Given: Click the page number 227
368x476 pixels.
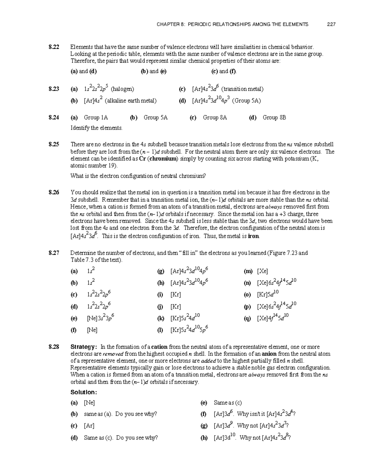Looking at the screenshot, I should click(x=331, y=24).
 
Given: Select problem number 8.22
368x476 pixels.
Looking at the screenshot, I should click(x=54, y=47).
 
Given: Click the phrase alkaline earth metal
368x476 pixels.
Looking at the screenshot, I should click(x=130, y=101).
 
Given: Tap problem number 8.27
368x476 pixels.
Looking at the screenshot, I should click(x=54, y=253).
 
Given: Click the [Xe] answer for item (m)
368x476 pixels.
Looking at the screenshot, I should click(x=263, y=271).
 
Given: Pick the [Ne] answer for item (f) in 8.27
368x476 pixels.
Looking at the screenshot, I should click(x=92, y=330).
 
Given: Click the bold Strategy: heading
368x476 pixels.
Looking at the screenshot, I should click(x=84, y=347).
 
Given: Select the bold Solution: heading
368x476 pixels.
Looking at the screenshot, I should click(x=84, y=392).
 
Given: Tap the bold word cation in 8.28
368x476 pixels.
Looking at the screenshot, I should click(x=159, y=347).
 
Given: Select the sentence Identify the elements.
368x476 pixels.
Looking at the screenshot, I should click(x=96, y=128).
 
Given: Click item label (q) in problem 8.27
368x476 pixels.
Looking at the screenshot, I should click(x=247, y=318).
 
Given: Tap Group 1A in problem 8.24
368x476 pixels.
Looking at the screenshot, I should click(x=96, y=118).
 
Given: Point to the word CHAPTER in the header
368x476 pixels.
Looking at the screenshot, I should click(x=168, y=24).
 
